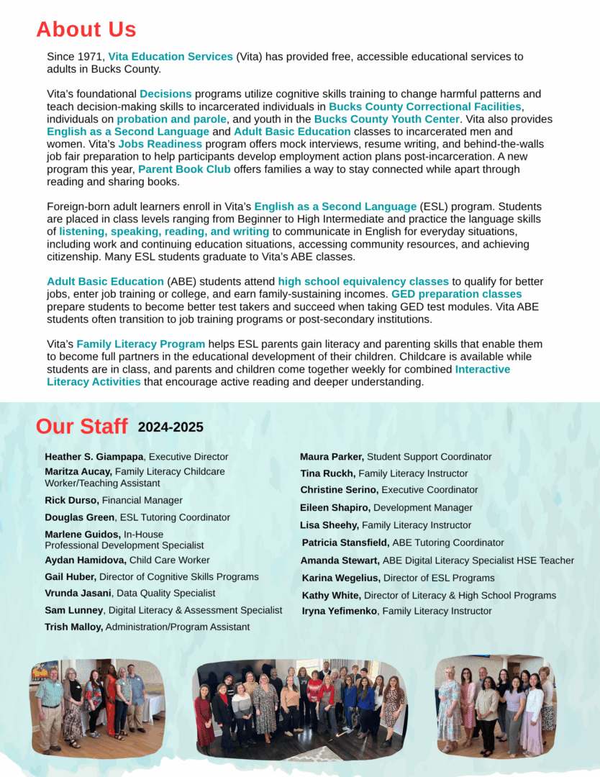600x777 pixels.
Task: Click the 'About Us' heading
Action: pos(86,29)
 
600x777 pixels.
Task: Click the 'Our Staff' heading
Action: pos(81,426)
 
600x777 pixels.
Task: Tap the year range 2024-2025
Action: pos(171,427)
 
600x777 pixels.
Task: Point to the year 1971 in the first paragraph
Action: pos(92,57)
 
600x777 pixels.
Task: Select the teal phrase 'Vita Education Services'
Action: pos(171,57)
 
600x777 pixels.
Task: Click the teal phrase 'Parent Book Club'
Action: pos(184,169)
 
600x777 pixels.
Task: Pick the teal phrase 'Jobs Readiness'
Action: pos(160,144)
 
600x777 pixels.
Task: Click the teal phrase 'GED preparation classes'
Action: pos(456,294)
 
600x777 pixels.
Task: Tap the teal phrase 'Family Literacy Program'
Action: pos(141,344)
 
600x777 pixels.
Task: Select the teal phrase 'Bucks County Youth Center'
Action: pos(386,119)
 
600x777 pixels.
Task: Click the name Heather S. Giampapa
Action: pos(94,457)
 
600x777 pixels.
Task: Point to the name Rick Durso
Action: pos(71,500)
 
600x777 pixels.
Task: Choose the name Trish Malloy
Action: pos(73,627)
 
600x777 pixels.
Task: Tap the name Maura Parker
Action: pos(332,457)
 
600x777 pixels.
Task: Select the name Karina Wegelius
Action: pos(340,578)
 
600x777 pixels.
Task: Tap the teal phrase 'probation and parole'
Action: pos(171,119)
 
